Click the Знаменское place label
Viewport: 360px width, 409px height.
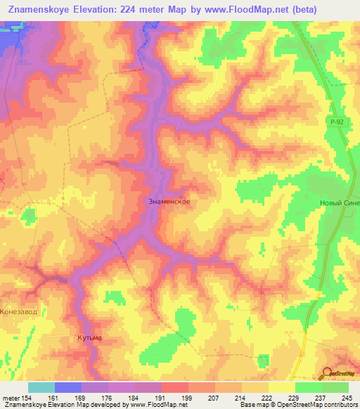coord(169,201)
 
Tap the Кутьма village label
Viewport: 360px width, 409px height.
coord(89,338)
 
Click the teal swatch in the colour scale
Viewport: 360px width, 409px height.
coord(41,387)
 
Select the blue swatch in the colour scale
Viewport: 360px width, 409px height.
coord(67,387)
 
